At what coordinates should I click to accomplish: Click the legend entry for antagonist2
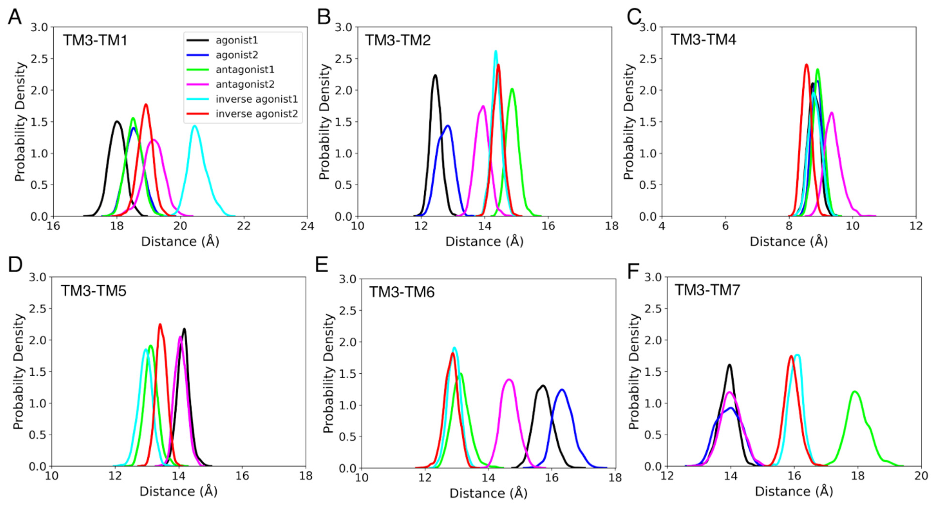[x=245, y=84]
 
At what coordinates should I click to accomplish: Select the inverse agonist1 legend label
[x=256, y=99]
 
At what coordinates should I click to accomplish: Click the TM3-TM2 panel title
[x=398, y=40]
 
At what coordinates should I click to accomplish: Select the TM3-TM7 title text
[x=707, y=290]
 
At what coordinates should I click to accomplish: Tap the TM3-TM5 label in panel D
[x=93, y=291]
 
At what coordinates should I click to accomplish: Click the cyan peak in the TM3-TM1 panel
[x=195, y=126]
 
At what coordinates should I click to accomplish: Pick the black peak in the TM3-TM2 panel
[x=435, y=76]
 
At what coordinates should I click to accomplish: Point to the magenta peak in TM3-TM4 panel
[x=831, y=113]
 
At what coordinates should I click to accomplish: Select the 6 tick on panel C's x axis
[x=725, y=226]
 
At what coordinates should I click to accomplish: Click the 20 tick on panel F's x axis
[x=921, y=476]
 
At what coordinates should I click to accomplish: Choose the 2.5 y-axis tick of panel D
[x=38, y=309]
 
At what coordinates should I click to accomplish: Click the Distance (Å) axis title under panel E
[x=488, y=493]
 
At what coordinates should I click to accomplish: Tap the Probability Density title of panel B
[x=324, y=122]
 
